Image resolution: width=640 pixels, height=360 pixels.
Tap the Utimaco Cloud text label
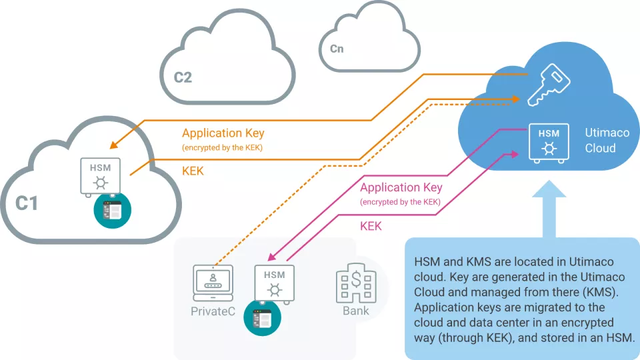607,140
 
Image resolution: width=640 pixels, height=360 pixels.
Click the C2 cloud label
183,77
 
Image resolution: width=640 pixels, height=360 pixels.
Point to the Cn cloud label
337,49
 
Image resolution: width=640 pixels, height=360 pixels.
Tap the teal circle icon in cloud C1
112,210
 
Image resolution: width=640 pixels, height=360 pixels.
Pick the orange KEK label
193,171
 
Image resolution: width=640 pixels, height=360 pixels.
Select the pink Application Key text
401,188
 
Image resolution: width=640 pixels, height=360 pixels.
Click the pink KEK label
371,226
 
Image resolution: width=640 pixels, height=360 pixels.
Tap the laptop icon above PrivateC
213,280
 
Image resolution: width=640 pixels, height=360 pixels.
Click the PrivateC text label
213,311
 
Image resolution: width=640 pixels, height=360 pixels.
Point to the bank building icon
355,283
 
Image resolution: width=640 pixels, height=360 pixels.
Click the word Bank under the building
355,311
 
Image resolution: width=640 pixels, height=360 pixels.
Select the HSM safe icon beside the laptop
274,283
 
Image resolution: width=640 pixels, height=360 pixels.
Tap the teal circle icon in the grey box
262,319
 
